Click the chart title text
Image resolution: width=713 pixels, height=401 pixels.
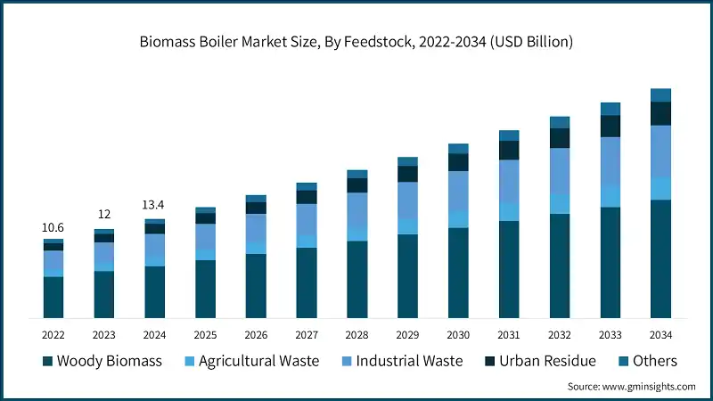(x=356, y=41)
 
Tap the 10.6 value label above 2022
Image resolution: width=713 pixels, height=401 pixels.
(x=53, y=228)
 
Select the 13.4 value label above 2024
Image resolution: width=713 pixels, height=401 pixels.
(x=155, y=205)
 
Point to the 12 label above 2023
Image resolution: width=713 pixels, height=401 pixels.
(x=104, y=215)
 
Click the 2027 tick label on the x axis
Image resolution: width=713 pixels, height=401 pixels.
(x=307, y=335)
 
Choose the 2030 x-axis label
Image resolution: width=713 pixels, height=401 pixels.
(x=458, y=335)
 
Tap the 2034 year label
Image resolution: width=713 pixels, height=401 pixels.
(x=660, y=335)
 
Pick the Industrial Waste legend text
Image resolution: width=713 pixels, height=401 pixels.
(x=409, y=361)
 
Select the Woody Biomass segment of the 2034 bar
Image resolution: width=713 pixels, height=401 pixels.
(x=660, y=258)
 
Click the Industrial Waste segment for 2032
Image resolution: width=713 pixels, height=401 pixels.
(x=560, y=170)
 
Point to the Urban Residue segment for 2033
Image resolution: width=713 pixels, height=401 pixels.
(x=611, y=127)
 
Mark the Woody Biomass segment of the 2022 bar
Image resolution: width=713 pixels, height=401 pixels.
(x=53, y=297)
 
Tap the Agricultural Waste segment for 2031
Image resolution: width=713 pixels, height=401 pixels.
(x=509, y=211)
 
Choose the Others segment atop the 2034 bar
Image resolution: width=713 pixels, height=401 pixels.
(x=660, y=95)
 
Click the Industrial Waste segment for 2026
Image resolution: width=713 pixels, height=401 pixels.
(x=256, y=228)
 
